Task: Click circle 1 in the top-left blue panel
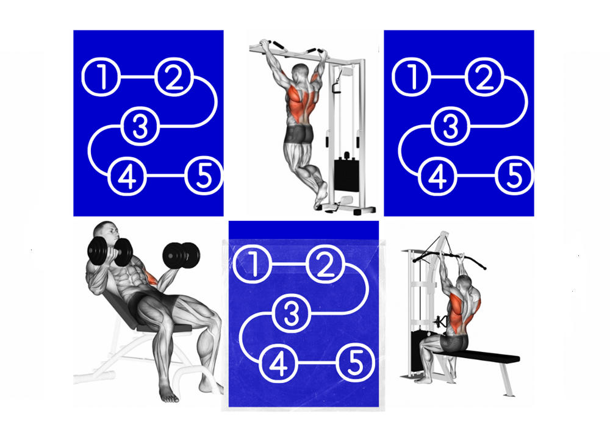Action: point(102,77)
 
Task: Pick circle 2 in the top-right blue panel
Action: point(484,77)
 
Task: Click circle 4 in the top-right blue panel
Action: point(436,176)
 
